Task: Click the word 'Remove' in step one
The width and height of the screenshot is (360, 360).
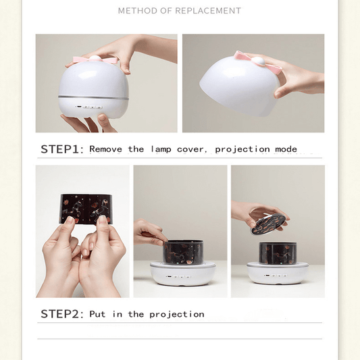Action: click(x=107, y=149)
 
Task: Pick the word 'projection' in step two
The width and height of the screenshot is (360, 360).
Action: click(x=176, y=315)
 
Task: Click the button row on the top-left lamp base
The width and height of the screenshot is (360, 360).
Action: click(x=88, y=107)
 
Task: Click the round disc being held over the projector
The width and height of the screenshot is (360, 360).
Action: click(x=269, y=224)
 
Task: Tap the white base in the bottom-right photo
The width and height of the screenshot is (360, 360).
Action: click(x=277, y=274)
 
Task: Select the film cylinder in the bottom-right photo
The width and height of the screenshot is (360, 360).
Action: click(x=277, y=252)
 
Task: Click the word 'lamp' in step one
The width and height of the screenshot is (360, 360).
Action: click(x=162, y=149)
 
